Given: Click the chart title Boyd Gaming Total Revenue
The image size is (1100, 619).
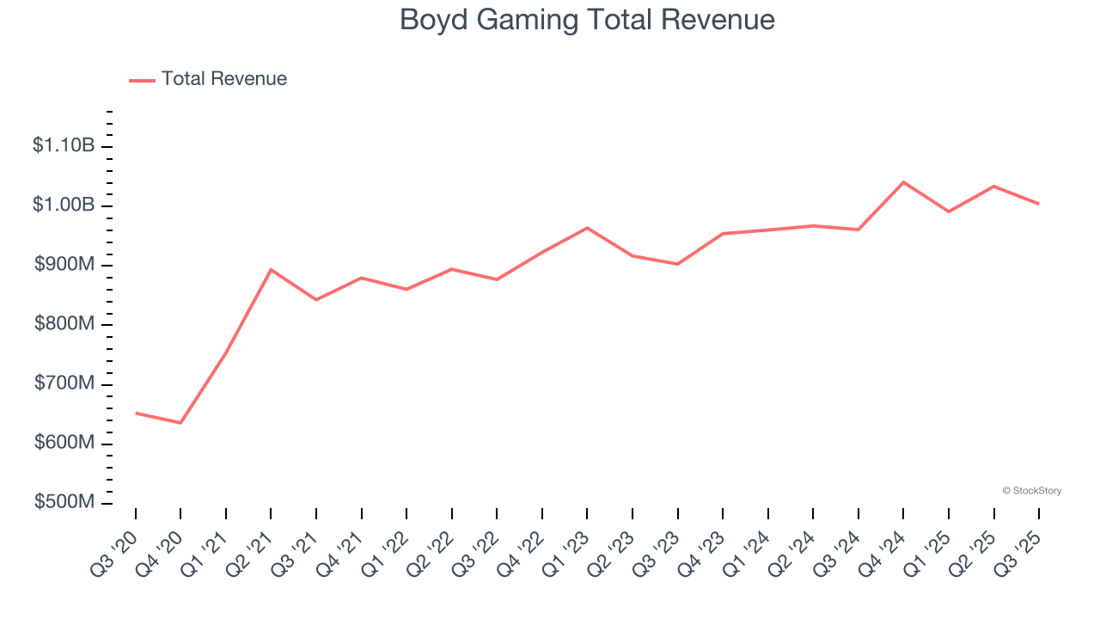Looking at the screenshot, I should pos(587,20).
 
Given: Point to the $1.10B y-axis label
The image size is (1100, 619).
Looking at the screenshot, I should pos(64,146).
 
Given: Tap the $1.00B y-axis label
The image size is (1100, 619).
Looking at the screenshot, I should pos(64,205).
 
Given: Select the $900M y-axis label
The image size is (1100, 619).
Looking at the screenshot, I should pos(64,265).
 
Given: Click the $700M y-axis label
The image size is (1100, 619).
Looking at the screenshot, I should pos(64,383).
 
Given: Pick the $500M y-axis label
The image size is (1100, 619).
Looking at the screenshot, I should pos(64,502).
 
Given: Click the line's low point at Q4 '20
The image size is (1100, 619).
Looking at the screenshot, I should pos(180,423).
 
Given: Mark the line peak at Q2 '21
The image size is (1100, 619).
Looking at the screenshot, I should pos(271,270).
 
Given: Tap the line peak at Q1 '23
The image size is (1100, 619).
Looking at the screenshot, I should pos(587,228).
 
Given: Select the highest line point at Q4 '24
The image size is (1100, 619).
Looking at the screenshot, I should pos(903,182).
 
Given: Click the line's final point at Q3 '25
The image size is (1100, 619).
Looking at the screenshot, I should pos(1038,204).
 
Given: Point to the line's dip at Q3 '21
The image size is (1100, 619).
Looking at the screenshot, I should pos(316,299).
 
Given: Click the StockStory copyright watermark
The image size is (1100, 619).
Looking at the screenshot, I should pos(1031,491).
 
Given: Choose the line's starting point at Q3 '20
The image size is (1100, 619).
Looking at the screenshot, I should pos(136,413).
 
